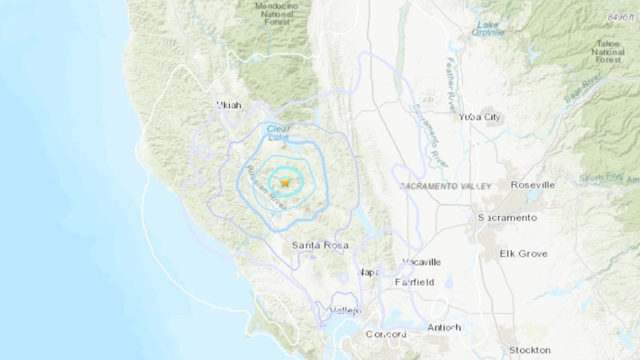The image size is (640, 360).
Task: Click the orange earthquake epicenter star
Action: (x=285, y=183)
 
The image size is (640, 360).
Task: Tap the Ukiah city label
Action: (x=229, y=105)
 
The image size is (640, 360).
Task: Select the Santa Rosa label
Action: (x=320, y=245)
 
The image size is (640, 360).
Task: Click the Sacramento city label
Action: (x=508, y=218)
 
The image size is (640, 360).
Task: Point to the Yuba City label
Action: (x=479, y=117)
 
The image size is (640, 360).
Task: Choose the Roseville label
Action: (x=533, y=185)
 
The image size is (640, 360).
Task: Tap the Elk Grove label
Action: (x=523, y=254)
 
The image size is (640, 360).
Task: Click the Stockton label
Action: (x=529, y=350)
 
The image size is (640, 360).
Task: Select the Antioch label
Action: (x=444, y=328)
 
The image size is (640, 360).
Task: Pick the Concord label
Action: (x=386, y=334)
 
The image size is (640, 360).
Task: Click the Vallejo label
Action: (x=346, y=311)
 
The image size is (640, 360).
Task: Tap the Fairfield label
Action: (x=414, y=282)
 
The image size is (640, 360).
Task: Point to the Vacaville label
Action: (x=422, y=262)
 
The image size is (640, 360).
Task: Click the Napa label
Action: (x=368, y=272)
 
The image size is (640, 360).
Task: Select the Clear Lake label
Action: (x=279, y=133)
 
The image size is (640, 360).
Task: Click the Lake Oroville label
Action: (x=488, y=28)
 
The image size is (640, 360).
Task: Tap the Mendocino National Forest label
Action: (x=277, y=14)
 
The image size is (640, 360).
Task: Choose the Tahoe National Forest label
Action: (x=608, y=52)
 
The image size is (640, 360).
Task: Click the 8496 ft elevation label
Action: (x=621, y=17)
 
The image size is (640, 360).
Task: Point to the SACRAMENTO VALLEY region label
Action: (x=445, y=186)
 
